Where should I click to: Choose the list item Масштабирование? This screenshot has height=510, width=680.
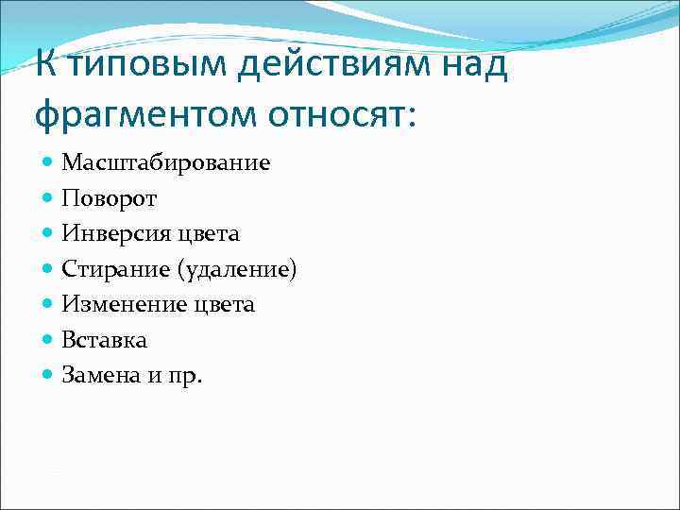coord(166,163)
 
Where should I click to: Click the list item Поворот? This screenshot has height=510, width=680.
coord(110,198)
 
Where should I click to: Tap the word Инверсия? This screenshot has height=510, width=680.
coord(111,234)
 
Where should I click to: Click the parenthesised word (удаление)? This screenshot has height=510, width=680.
coord(235,270)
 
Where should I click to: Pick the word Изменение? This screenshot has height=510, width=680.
coord(120,305)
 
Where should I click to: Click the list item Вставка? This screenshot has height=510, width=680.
coord(105,340)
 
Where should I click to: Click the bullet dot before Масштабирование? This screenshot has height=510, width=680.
coord(48,163)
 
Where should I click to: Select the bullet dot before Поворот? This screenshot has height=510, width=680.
coord(48,199)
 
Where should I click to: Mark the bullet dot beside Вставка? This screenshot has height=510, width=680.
coord(48,341)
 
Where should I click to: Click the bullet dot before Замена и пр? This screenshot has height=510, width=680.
coord(48,376)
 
